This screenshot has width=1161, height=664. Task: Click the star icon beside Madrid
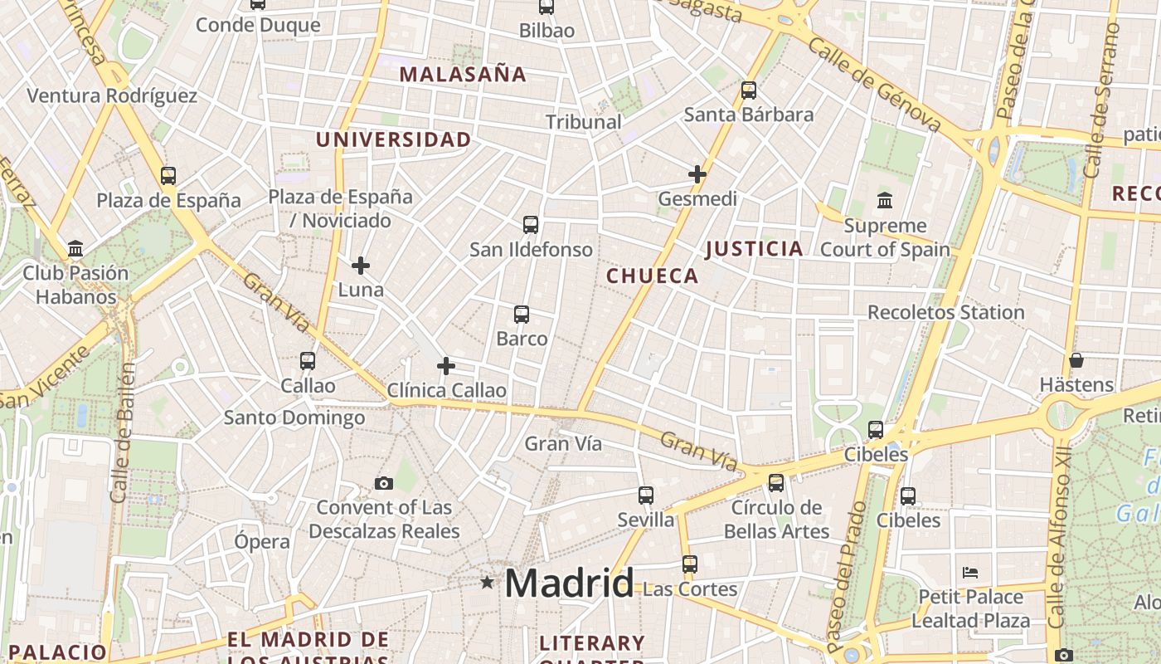[487, 583]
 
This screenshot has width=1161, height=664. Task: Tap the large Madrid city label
[569, 583]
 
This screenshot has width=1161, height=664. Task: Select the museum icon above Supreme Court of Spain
[884, 201]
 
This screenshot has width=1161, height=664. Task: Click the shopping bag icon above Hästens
[1076, 360]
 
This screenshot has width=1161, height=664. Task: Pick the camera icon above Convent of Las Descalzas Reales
[383, 483]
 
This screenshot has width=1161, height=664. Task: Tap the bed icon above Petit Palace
[970, 573]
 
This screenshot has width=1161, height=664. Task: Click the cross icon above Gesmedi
[697, 174]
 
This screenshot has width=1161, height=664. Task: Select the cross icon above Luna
[361, 266]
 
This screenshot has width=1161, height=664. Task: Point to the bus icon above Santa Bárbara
[749, 90]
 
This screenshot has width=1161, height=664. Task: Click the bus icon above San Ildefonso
[531, 225]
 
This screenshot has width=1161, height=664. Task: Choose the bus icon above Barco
[522, 315]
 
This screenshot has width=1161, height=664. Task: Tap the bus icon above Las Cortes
[690, 564]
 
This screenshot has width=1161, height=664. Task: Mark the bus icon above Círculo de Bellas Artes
[776, 483]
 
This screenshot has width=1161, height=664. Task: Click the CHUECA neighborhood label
[653, 276]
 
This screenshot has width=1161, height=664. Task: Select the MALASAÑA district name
[463, 74]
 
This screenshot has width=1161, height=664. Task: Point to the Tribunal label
[584, 122]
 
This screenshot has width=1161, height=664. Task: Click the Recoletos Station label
[945, 313]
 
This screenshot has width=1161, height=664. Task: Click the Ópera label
[262, 542]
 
